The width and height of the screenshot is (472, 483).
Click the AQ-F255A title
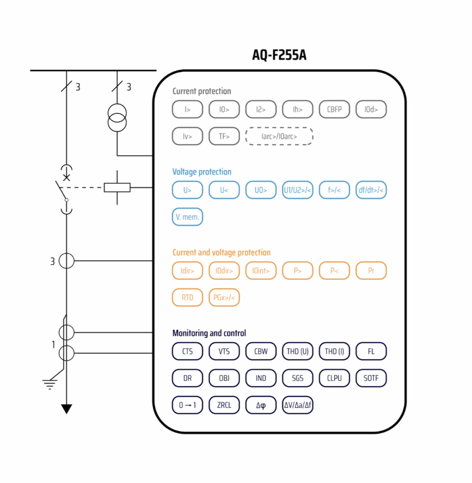coord(280,55)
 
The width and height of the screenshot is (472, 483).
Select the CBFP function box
coord(334,109)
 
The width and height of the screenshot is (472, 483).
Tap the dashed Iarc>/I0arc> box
coord(279,136)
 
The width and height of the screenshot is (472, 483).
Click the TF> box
coord(224,136)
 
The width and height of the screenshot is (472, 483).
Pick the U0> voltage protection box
coord(261,190)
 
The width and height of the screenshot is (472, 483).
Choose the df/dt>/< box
coord(371,190)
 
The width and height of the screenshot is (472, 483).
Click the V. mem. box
coord(187,217)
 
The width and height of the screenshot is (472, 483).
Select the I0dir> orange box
coord(224,271)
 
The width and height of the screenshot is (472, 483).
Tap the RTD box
coord(187,298)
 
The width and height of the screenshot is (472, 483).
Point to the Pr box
coord(371,271)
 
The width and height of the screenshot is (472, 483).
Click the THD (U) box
coord(298,351)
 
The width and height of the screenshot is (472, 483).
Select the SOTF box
coord(371,378)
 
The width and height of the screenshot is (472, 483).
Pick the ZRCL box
coord(224,405)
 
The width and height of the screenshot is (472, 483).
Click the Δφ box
coord(261,405)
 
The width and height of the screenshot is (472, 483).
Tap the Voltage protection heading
coord(202,172)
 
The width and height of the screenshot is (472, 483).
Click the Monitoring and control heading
coord(209,333)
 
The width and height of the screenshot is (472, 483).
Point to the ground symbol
coord(49,383)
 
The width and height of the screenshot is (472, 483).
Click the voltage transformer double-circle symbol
coord(117,118)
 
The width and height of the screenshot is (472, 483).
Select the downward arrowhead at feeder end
coord(66,409)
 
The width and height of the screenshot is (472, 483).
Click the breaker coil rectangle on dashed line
coord(117,188)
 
